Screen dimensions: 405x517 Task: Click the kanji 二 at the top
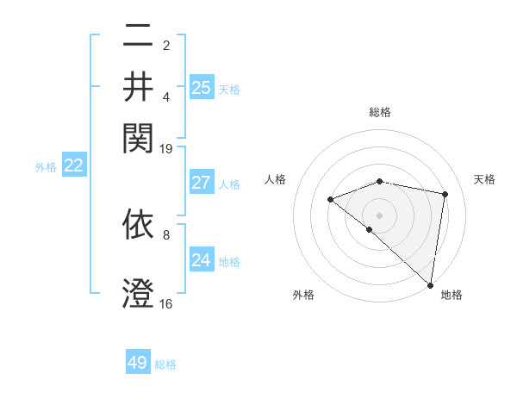138,37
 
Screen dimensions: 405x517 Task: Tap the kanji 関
138,135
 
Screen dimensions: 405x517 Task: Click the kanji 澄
138,293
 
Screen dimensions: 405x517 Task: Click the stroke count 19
166,148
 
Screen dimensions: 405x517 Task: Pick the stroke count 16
166,303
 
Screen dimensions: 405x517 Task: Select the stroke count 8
166,234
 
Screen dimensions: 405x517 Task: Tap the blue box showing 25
202,87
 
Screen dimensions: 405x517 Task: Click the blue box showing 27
202,183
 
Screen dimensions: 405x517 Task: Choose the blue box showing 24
202,259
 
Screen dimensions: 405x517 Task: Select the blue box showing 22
73,165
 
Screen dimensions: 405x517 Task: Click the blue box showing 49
138,363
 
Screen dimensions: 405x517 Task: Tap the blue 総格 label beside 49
165,364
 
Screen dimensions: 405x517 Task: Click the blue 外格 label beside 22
45,167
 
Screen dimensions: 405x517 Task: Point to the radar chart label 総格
379,112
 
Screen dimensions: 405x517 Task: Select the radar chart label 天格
484,179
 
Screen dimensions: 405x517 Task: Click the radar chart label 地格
452,295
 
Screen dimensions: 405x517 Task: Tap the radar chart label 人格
276,179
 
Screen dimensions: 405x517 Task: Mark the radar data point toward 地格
430,284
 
